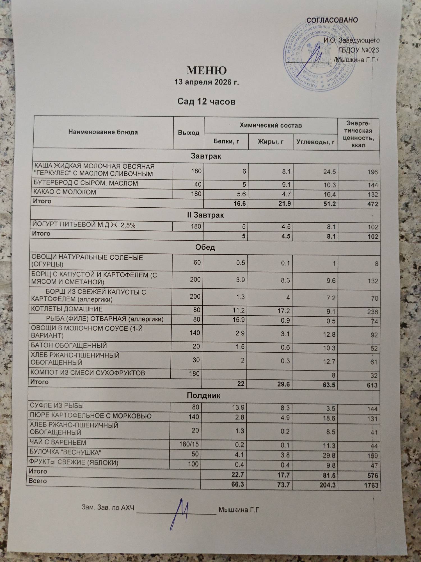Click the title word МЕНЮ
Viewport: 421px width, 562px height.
click(207, 70)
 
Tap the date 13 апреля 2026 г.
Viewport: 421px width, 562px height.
click(207, 82)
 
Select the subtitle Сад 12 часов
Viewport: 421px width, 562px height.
click(206, 101)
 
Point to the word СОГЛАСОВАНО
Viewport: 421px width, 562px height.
click(332, 20)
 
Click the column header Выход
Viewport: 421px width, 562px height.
click(189, 133)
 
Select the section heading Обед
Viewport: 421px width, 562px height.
click(205, 247)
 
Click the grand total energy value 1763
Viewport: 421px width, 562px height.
click(370, 485)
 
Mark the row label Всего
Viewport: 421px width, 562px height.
click(38, 481)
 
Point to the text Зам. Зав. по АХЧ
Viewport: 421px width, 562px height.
click(108, 508)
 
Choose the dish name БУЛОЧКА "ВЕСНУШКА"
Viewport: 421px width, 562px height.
click(66, 453)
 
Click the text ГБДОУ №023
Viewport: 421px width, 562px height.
click(359, 50)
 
